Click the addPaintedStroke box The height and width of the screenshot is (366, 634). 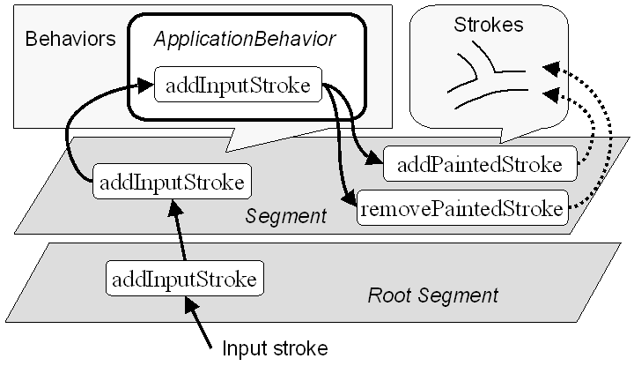pyautogui.click(x=480, y=164)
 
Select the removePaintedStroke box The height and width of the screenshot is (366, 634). pyautogui.click(x=461, y=210)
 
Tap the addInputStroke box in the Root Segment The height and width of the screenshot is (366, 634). pyautogui.click(x=185, y=280)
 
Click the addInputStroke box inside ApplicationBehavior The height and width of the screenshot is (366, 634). pyautogui.click(x=238, y=86)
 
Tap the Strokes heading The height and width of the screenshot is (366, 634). pyautogui.click(x=488, y=25)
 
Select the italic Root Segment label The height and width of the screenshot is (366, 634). pyautogui.click(x=432, y=295)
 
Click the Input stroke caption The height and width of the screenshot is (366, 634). pyautogui.click(x=275, y=347)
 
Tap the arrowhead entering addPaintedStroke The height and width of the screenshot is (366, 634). pyautogui.click(x=376, y=161)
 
